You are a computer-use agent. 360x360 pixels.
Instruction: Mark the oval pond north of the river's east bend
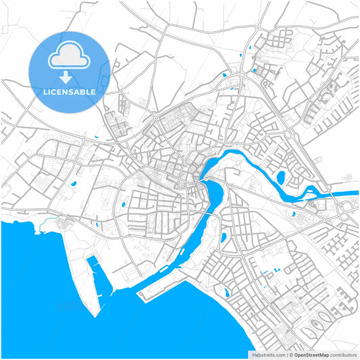(280, 178)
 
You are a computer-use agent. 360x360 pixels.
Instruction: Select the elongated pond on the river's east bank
(224, 238)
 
